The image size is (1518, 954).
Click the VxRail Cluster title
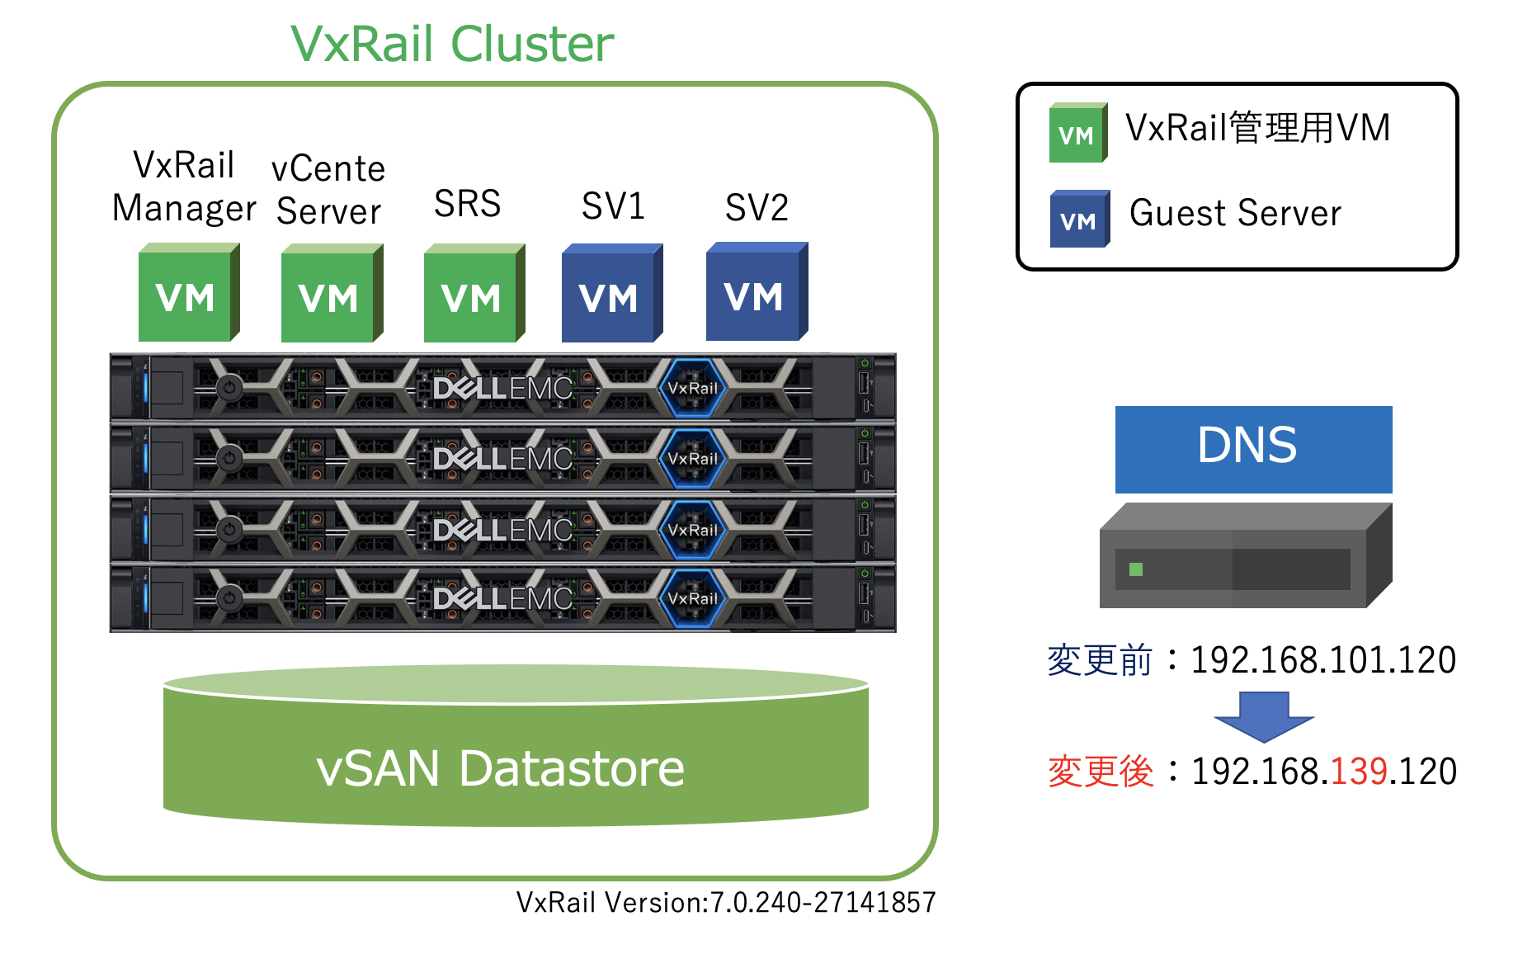[452, 44]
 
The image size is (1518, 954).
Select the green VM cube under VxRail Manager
[187, 295]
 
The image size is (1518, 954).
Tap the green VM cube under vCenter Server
[330, 296]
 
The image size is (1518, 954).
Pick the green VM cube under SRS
[473, 296]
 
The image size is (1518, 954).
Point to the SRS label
[467, 204]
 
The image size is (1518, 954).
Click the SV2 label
[757, 207]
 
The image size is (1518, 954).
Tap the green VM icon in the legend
[1077, 134]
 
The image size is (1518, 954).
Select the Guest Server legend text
[1235, 214]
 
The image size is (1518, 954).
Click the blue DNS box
[1253, 448]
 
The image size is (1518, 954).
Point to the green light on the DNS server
[1136, 569]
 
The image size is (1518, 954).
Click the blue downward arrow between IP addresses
[1263, 715]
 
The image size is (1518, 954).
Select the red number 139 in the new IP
[1359, 772]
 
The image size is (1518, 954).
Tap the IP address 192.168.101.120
[1322, 660]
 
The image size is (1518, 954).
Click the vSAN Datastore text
[500, 769]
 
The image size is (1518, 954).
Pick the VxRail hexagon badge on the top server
[692, 388]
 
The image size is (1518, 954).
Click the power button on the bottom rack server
[229, 597]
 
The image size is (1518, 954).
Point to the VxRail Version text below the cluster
[726, 903]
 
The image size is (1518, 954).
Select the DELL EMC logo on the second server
[502, 458]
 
